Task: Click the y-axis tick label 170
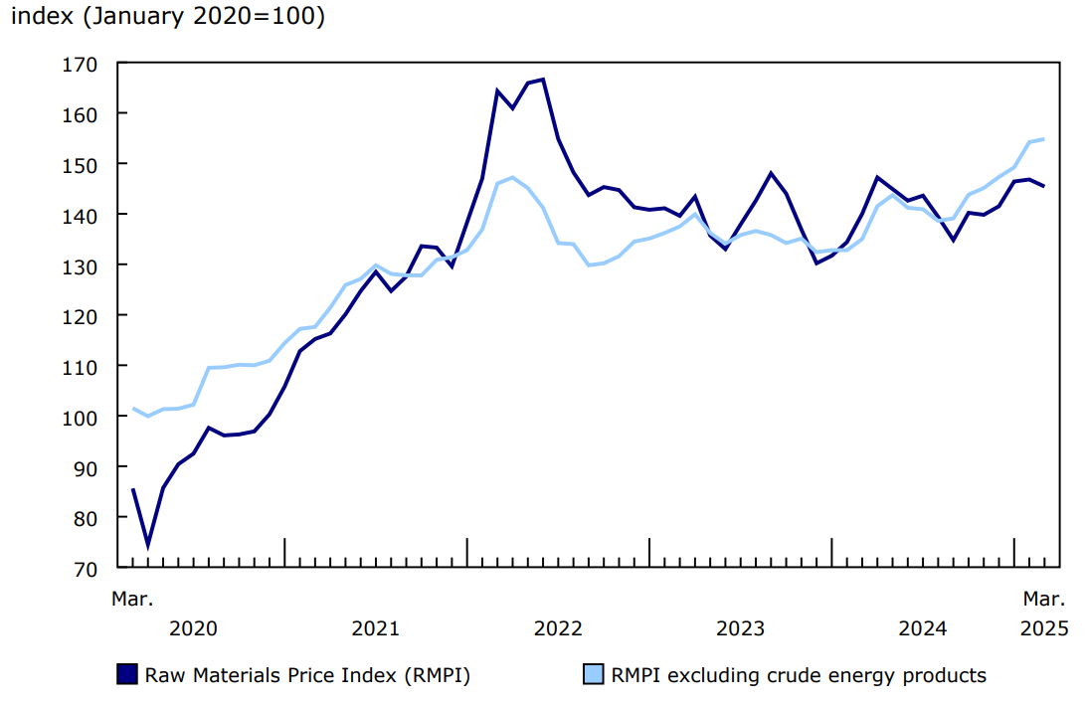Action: click(x=81, y=64)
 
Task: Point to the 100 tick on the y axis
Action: click(x=81, y=417)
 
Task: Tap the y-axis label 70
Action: click(x=86, y=568)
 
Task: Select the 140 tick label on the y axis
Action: click(x=81, y=215)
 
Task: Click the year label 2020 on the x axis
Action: click(x=193, y=628)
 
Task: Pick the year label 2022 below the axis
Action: click(x=558, y=628)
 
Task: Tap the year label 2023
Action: click(x=740, y=628)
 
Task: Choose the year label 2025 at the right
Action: click(x=1043, y=628)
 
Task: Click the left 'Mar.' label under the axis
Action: click(x=132, y=599)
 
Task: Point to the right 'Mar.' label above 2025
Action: click(x=1044, y=599)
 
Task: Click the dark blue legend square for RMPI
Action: click(x=127, y=675)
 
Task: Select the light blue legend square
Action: click(x=592, y=675)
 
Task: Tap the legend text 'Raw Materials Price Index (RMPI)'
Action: click(x=307, y=676)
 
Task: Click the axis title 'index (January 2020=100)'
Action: click(x=168, y=18)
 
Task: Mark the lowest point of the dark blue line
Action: click(x=148, y=545)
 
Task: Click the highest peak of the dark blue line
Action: click(x=543, y=80)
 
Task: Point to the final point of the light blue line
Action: click(x=1043, y=139)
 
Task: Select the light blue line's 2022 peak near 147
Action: click(x=512, y=178)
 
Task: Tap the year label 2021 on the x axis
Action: click(x=375, y=628)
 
